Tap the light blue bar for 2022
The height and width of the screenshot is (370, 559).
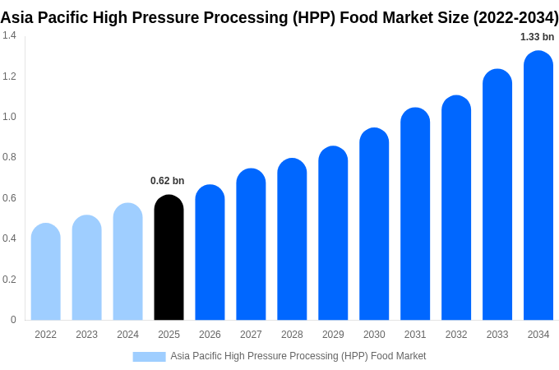pyautogui.click(x=46, y=272)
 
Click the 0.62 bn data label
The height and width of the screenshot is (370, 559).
pyautogui.click(x=167, y=181)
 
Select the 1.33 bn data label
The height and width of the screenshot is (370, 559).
pyautogui.click(x=537, y=37)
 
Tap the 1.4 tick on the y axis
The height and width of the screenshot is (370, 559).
pyautogui.click(x=9, y=35)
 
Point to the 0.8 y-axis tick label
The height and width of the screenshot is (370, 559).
pyautogui.click(x=9, y=157)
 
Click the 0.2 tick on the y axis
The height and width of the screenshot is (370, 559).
pyautogui.click(x=9, y=280)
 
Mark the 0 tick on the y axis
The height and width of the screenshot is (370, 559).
pyautogui.click(x=13, y=320)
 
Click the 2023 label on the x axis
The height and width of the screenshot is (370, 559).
pyautogui.click(x=86, y=335)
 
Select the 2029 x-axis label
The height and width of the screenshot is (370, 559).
pyautogui.click(x=333, y=335)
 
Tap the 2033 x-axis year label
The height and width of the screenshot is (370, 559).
pyautogui.click(x=497, y=335)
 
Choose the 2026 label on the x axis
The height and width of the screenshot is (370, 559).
pyautogui.click(x=210, y=335)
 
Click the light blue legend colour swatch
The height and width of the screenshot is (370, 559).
pyautogui.click(x=149, y=356)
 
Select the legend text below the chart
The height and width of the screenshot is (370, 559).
pyautogui.click(x=298, y=356)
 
